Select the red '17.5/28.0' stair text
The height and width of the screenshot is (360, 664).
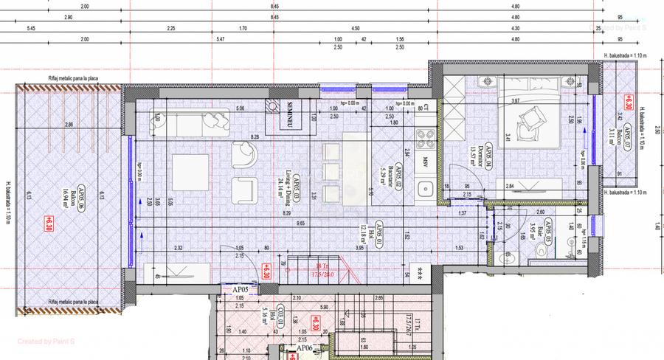click(322, 275)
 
